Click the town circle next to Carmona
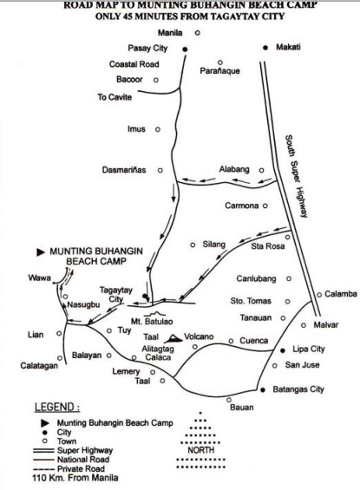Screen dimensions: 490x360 (265, 206)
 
